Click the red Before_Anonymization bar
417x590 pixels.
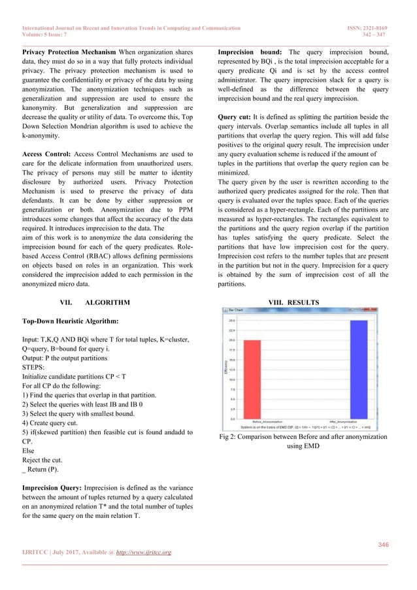[252, 379]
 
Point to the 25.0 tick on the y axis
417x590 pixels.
[232, 321]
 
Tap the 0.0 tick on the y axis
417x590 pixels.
[233, 418]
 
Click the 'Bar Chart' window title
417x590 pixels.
[233, 311]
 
